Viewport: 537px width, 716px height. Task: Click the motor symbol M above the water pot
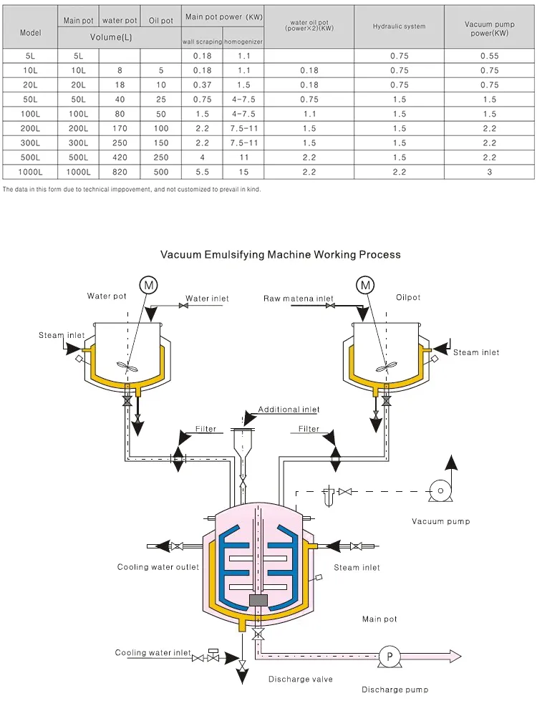(x=149, y=285)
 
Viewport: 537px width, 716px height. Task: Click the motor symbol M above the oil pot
(x=366, y=285)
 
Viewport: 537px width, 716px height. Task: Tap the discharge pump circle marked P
(x=390, y=656)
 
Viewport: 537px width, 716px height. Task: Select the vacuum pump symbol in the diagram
(x=439, y=490)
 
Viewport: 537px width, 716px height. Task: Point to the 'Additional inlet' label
(x=289, y=410)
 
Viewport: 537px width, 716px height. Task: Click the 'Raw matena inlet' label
(x=298, y=299)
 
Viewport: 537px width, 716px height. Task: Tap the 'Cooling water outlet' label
(x=158, y=567)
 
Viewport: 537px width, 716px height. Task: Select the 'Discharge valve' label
(x=300, y=679)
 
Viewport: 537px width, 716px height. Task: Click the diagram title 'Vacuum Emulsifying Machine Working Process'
(x=281, y=254)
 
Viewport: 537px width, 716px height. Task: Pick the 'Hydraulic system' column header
(x=399, y=26)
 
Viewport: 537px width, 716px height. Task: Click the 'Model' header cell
(x=30, y=33)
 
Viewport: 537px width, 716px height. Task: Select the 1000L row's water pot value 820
(x=119, y=172)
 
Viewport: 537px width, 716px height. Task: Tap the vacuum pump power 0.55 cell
(x=489, y=55)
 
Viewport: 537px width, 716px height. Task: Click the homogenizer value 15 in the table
(x=243, y=172)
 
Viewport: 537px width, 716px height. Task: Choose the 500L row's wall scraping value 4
(x=203, y=158)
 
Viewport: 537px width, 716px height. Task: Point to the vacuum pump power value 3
(x=489, y=172)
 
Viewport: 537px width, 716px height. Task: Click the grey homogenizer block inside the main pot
(x=256, y=599)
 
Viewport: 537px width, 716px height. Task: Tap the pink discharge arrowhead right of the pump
(x=454, y=656)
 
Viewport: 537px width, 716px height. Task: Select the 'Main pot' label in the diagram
(x=379, y=619)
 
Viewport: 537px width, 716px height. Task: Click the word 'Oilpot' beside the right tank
(x=408, y=298)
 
